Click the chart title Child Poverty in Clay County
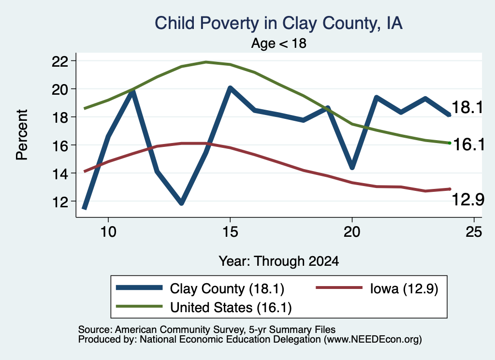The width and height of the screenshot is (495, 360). tap(278, 23)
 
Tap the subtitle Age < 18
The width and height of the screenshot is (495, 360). tap(279, 43)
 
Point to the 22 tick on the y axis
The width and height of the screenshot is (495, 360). tap(60, 61)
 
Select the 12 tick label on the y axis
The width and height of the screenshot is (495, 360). tap(60, 202)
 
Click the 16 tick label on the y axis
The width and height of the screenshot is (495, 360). tap(60, 145)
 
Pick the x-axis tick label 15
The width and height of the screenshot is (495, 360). tap(230, 232)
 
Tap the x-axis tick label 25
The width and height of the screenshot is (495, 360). tap(474, 232)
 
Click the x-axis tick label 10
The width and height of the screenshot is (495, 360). tap(108, 232)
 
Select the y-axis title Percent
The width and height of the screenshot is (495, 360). tap(22, 135)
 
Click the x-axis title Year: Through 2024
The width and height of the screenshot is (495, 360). tap(279, 261)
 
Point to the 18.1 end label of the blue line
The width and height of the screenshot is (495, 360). tap(467, 107)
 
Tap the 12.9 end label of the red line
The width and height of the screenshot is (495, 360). tap(468, 200)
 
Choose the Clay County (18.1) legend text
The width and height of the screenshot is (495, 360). tap(227, 288)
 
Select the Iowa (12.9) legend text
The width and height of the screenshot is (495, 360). tap(404, 288)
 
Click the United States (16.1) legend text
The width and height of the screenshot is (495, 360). tap(231, 307)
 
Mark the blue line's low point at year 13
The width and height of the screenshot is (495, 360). tap(182, 203)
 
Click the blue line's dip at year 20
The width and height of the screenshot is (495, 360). tap(352, 167)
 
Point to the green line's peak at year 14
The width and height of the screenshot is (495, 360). tap(206, 62)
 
